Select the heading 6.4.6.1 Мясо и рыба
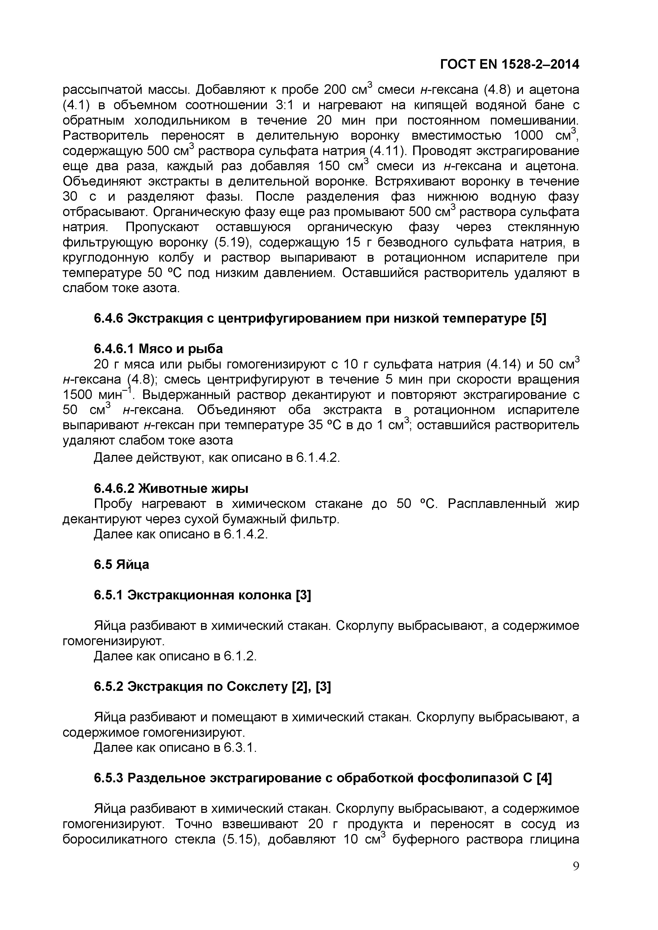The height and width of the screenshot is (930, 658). pyautogui.click(x=158, y=348)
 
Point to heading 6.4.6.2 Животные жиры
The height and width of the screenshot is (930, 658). pyautogui.click(x=171, y=489)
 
